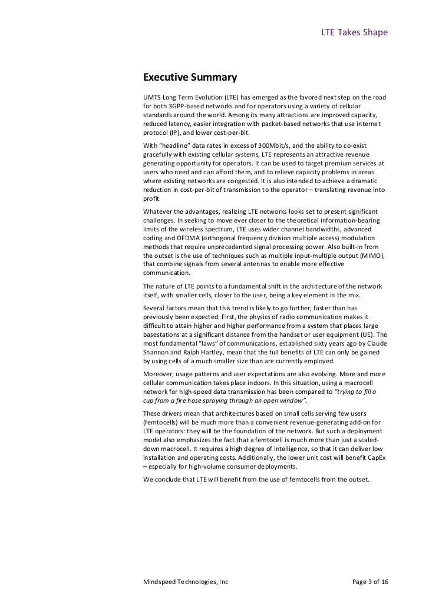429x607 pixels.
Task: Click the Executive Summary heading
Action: (189, 78)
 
